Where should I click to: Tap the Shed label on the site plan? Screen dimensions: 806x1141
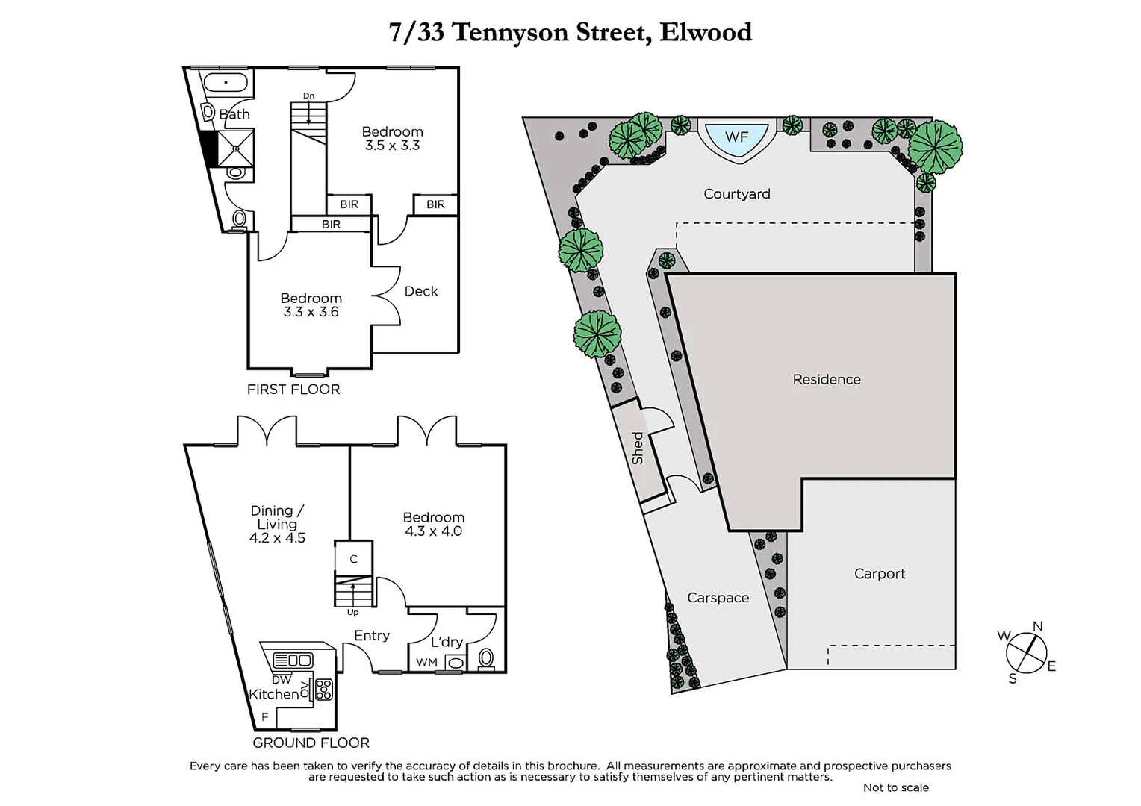pyautogui.click(x=638, y=448)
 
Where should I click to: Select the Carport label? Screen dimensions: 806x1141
pyautogui.click(x=879, y=574)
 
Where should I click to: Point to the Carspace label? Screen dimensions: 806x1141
pyautogui.click(x=718, y=598)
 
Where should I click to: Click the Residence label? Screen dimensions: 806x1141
pyautogui.click(x=826, y=379)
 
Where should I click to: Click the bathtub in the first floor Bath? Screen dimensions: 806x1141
pyautogui.click(x=225, y=82)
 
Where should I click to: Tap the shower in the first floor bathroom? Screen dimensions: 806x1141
pyautogui.click(x=236, y=148)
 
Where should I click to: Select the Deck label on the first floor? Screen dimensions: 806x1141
pyautogui.click(x=420, y=291)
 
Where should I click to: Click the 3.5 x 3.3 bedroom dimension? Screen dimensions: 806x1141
pyautogui.click(x=392, y=146)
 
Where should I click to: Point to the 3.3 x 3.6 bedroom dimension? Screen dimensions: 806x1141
pyautogui.click(x=311, y=312)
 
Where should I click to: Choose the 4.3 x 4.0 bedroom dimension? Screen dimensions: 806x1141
pyautogui.click(x=433, y=531)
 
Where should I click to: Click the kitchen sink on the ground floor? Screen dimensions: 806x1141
pyautogui.click(x=293, y=660)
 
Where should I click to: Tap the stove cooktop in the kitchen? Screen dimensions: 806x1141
pyautogui.click(x=323, y=689)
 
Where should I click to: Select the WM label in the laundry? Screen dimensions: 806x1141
pyautogui.click(x=426, y=662)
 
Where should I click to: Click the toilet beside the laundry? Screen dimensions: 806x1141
pyautogui.click(x=486, y=658)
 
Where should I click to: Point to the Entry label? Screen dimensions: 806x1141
pyautogui.click(x=371, y=635)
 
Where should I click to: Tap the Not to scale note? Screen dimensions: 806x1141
pyautogui.click(x=895, y=787)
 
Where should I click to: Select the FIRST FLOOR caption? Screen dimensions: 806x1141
pyautogui.click(x=293, y=390)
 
